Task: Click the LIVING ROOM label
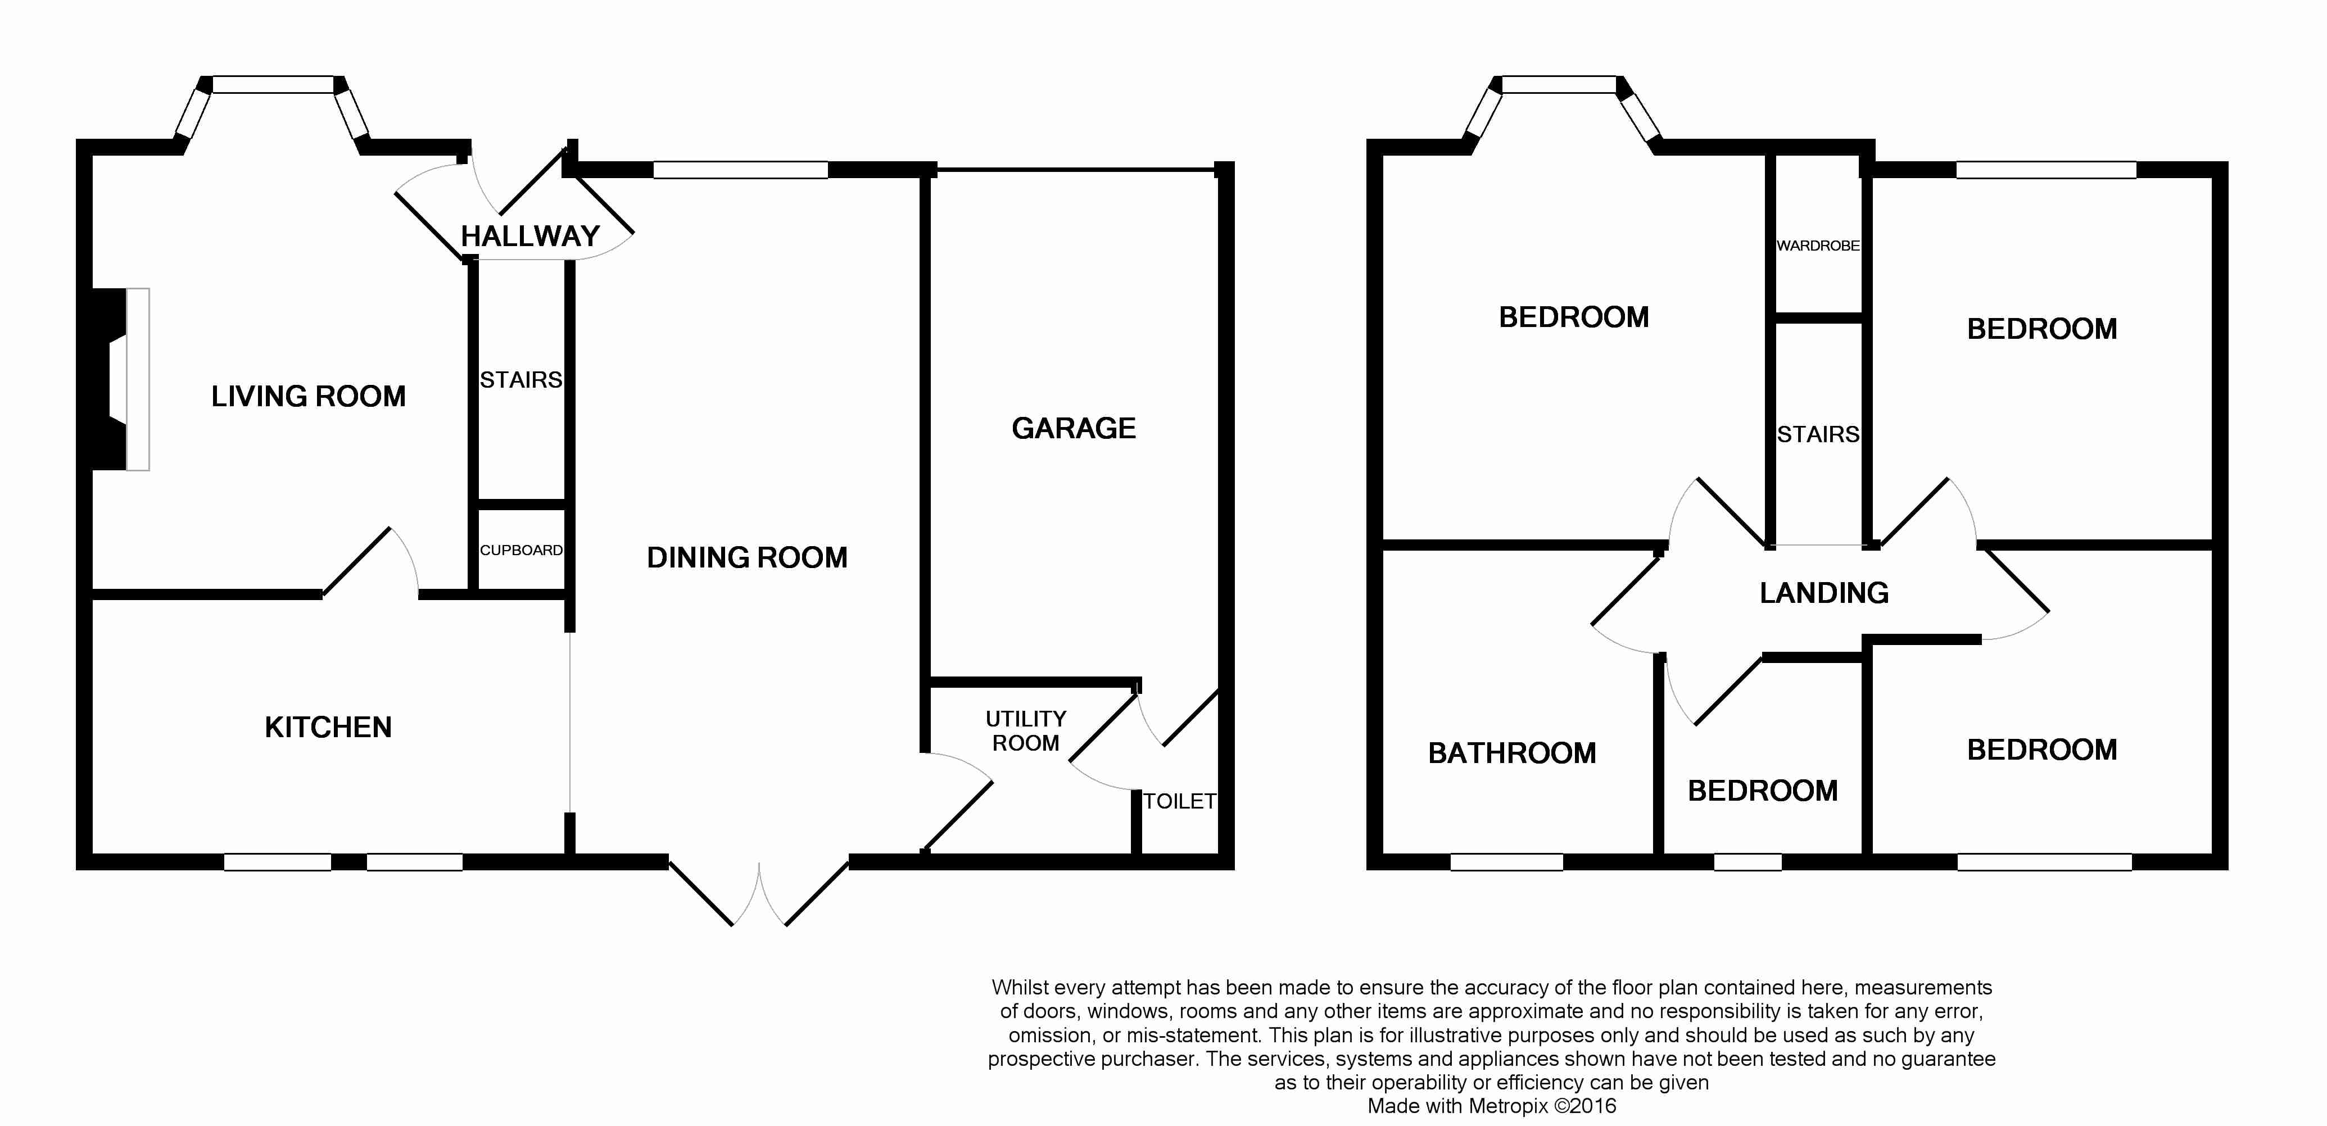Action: [x=308, y=396]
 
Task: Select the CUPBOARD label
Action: [x=521, y=550]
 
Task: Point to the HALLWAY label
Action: [x=530, y=237]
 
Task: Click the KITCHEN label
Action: [x=328, y=728]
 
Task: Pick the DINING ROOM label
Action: [x=747, y=558]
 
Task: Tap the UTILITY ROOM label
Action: [x=1025, y=730]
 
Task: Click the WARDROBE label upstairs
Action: [x=1818, y=246]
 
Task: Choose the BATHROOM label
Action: [x=1512, y=753]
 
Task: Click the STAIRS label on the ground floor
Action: [x=521, y=380]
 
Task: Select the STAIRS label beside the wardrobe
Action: [x=1818, y=434]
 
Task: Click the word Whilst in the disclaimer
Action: [x=1019, y=988]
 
